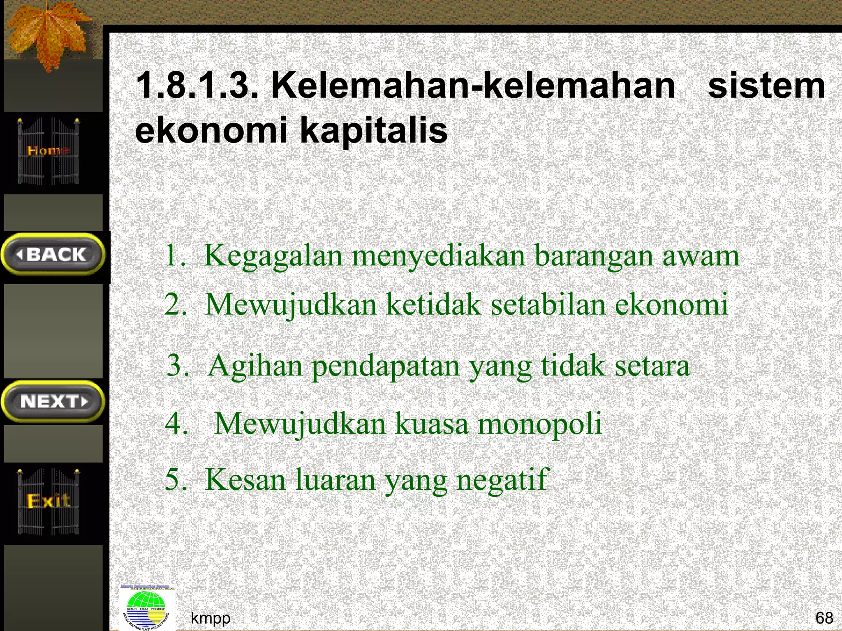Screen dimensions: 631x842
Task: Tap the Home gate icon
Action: pyautogui.click(x=48, y=151)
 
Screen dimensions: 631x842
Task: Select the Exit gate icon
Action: pyautogui.click(x=48, y=501)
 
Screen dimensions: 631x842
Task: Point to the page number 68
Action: pyautogui.click(x=824, y=617)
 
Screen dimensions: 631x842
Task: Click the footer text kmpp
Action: pyautogui.click(x=210, y=617)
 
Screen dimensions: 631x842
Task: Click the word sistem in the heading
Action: pyautogui.click(x=766, y=86)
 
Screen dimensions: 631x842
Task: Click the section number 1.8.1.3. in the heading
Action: pyautogui.click(x=197, y=86)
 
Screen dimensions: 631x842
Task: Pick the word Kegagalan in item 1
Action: pyautogui.click(x=273, y=256)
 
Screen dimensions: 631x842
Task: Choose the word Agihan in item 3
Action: pyautogui.click(x=255, y=366)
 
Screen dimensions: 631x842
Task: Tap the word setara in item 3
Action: pyautogui.click(x=652, y=366)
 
